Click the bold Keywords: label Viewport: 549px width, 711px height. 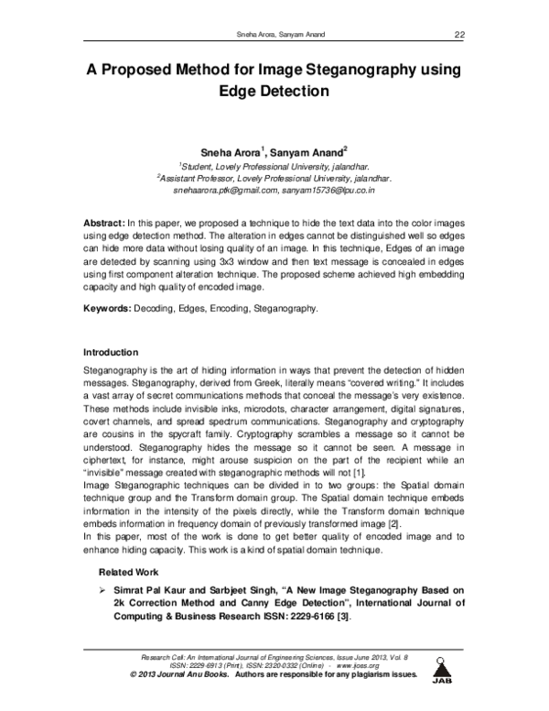coord(109,309)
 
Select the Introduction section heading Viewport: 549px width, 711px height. coord(111,353)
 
